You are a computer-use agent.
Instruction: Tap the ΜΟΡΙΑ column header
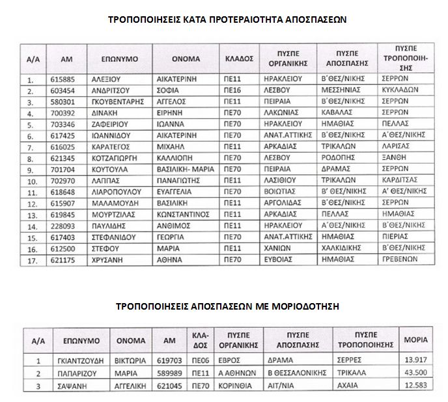click(x=416, y=340)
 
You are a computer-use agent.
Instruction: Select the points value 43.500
click(x=416, y=373)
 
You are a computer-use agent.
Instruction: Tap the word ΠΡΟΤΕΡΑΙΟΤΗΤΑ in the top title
click(x=223, y=20)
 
